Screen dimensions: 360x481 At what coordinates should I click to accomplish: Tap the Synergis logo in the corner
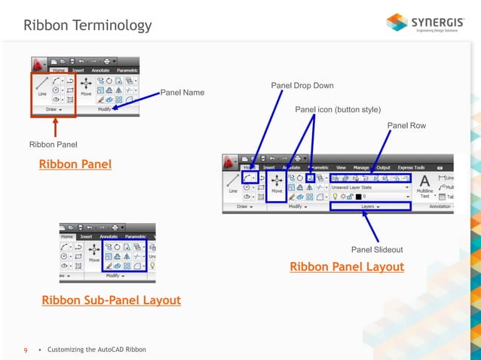(x=426, y=23)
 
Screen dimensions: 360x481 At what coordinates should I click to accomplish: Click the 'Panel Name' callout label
(x=182, y=93)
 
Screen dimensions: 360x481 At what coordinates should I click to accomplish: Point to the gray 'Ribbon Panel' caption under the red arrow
(x=54, y=144)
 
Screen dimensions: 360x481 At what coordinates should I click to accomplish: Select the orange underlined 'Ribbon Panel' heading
(x=75, y=164)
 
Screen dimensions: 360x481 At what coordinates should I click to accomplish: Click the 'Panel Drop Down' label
(x=302, y=85)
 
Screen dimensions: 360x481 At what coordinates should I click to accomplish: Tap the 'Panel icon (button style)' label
(x=338, y=109)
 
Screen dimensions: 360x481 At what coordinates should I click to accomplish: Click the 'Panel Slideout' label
(x=377, y=249)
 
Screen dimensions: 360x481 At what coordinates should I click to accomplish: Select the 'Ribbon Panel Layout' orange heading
(x=347, y=267)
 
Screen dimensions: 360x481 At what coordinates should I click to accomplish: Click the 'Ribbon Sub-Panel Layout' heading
(x=111, y=301)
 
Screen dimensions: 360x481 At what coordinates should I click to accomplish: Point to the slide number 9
(x=26, y=350)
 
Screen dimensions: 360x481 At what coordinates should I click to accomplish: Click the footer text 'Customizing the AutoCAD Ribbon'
(x=97, y=350)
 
